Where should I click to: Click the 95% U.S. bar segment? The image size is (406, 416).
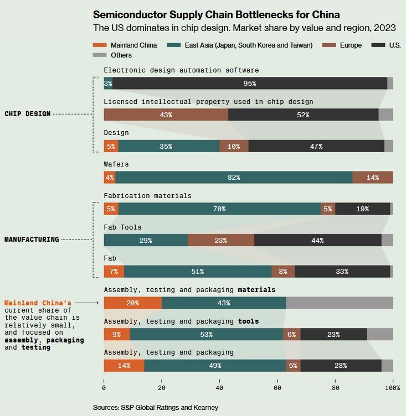pyautogui.click(x=249, y=83)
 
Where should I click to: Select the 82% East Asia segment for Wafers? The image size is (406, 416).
pyautogui.click(x=234, y=178)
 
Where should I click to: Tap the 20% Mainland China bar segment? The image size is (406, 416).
pyautogui.click(x=132, y=303)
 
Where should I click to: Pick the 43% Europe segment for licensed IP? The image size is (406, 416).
pyautogui.click(x=166, y=115)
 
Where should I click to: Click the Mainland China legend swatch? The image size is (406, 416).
pyautogui.click(x=100, y=45)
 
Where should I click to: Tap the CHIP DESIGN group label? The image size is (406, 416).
pyautogui.click(x=28, y=114)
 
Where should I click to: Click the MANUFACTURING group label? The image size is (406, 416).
pyautogui.click(x=32, y=240)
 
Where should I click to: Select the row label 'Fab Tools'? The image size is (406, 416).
pyautogui.click(x=122, y=227)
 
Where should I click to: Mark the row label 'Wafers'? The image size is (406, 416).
pyautogui.click(x=116, y=164)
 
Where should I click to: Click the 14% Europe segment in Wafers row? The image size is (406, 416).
pyautogui.click(x=372, y=178)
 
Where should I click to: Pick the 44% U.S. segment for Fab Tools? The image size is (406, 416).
pyautogui.click(x=317, y=240)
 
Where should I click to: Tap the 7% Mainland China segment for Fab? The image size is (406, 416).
pyautogui.click(x=114, y=272)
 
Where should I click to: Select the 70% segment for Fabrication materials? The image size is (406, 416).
pyautogui.click(x=219, y=209)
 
